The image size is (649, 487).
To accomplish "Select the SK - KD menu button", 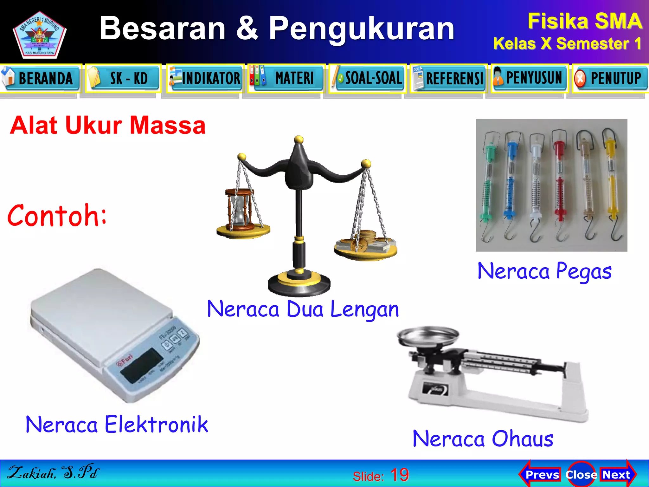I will pyautogui.click(x=123, y=78).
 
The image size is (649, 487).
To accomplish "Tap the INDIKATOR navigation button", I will pyautogui.click(x=205, y=78).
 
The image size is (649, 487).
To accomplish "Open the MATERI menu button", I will pyautogui.click(x=287, y=78).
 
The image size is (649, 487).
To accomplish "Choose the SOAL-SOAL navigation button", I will pyautogui.click(x=368, y=78).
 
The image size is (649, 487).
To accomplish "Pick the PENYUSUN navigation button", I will pyautogui.click(x=530, y=78).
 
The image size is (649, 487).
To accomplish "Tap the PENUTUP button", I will pyautogui.click(x=611, y=78).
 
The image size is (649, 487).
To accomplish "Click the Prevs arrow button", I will pyautogui.click(x=540, y=475).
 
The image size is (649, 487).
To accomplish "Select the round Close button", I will pyautogui.click(x=581, y=475).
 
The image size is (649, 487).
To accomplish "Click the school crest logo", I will pyautogui.click(x=40, y=35).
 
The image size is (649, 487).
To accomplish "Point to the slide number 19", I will pyautogui.click(x=399, y=475).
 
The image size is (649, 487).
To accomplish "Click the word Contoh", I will pyautogui.click(x=57, y=216).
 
